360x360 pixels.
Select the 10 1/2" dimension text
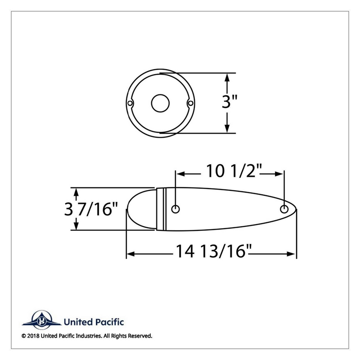click(x=234, y=171)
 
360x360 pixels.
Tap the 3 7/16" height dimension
click(x=91, y=209)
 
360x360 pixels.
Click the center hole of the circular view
click(x=160, y=103)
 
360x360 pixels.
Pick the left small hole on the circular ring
click(x=130, y=103)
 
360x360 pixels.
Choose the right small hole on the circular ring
click(x=190, y=103)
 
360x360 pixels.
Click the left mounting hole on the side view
click(x=175, y=209)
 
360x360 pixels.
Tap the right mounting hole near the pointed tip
click(x=284, y=209)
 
